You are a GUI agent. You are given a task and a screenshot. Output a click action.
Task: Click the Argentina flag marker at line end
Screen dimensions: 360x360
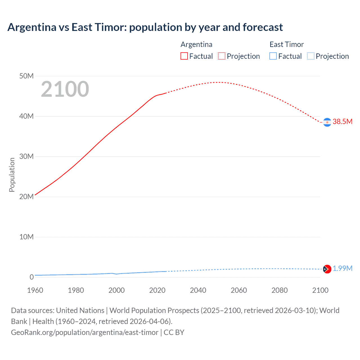(327, 122)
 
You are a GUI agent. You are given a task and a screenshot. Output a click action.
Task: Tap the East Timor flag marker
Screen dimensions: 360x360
(327, 269)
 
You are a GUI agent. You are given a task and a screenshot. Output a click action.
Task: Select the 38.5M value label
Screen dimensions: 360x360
(342, 121)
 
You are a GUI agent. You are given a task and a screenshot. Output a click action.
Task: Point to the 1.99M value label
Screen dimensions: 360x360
(342, 268)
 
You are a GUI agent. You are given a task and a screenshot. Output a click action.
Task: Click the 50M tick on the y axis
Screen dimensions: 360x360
(26, 76)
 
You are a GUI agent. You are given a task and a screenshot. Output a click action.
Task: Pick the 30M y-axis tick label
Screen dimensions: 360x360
(26, 156)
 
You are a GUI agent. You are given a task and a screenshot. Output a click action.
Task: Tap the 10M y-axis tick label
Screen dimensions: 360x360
(26, 237)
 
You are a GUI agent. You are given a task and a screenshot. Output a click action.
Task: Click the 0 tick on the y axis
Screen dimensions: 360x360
(31, 277)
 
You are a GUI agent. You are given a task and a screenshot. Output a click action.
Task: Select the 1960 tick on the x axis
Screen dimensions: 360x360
(35, 290)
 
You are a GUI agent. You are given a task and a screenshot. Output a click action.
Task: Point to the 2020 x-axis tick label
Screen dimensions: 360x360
(157, 290)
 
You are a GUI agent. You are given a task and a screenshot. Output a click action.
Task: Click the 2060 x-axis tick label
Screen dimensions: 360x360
(239, 290)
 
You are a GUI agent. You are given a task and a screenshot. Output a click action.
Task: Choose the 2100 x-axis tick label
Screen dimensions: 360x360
(320, 290)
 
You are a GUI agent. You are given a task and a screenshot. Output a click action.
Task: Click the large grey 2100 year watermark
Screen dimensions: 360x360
(65, 89)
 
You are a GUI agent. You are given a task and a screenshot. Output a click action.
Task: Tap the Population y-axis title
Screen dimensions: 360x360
(12, 175)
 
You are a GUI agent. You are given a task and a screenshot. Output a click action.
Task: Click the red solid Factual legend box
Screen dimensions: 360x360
(184, 56)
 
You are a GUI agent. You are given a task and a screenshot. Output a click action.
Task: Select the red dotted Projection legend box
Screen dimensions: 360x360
(222, 56)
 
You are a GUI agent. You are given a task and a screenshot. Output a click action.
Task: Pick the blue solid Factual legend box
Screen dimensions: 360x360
(273, 56)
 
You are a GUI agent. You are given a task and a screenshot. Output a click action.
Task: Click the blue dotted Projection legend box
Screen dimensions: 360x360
(310, 56)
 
